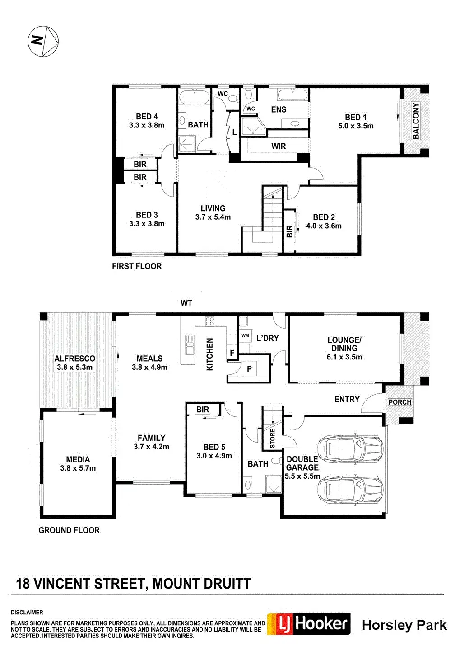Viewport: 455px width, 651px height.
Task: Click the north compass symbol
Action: tap(43, 41)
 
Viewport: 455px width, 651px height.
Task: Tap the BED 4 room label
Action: tap(147, 117)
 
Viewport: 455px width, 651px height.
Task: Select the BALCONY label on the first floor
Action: tap(416, 121)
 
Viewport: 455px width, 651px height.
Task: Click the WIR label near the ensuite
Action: tap(279, 146)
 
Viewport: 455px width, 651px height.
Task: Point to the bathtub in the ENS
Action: tap(292, 95)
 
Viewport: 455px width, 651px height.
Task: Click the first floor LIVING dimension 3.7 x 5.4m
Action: tap(213, 217)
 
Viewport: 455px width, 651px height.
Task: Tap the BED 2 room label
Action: tap(324, 217)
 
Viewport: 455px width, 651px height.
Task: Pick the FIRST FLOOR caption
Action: tap(137, 266)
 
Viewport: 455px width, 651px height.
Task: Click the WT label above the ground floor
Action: tap(186, 303)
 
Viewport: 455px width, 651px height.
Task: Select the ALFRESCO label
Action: tap(74, 359)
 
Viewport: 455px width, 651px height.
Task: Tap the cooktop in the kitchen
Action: tap(210, 322)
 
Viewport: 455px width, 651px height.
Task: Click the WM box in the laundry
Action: tap(245, 336)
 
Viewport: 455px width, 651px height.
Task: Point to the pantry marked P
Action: tap(249, 369)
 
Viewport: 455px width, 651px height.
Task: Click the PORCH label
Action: tap(399, 402)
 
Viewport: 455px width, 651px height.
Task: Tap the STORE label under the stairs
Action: tap(272, 439)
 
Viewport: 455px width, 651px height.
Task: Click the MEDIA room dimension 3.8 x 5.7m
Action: tap(78, 468)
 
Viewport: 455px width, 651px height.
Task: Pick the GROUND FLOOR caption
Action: tap(69, 530)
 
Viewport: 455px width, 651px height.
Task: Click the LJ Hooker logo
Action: tap(309, 624)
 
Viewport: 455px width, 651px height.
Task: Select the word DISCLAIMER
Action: tap(27, 613)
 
